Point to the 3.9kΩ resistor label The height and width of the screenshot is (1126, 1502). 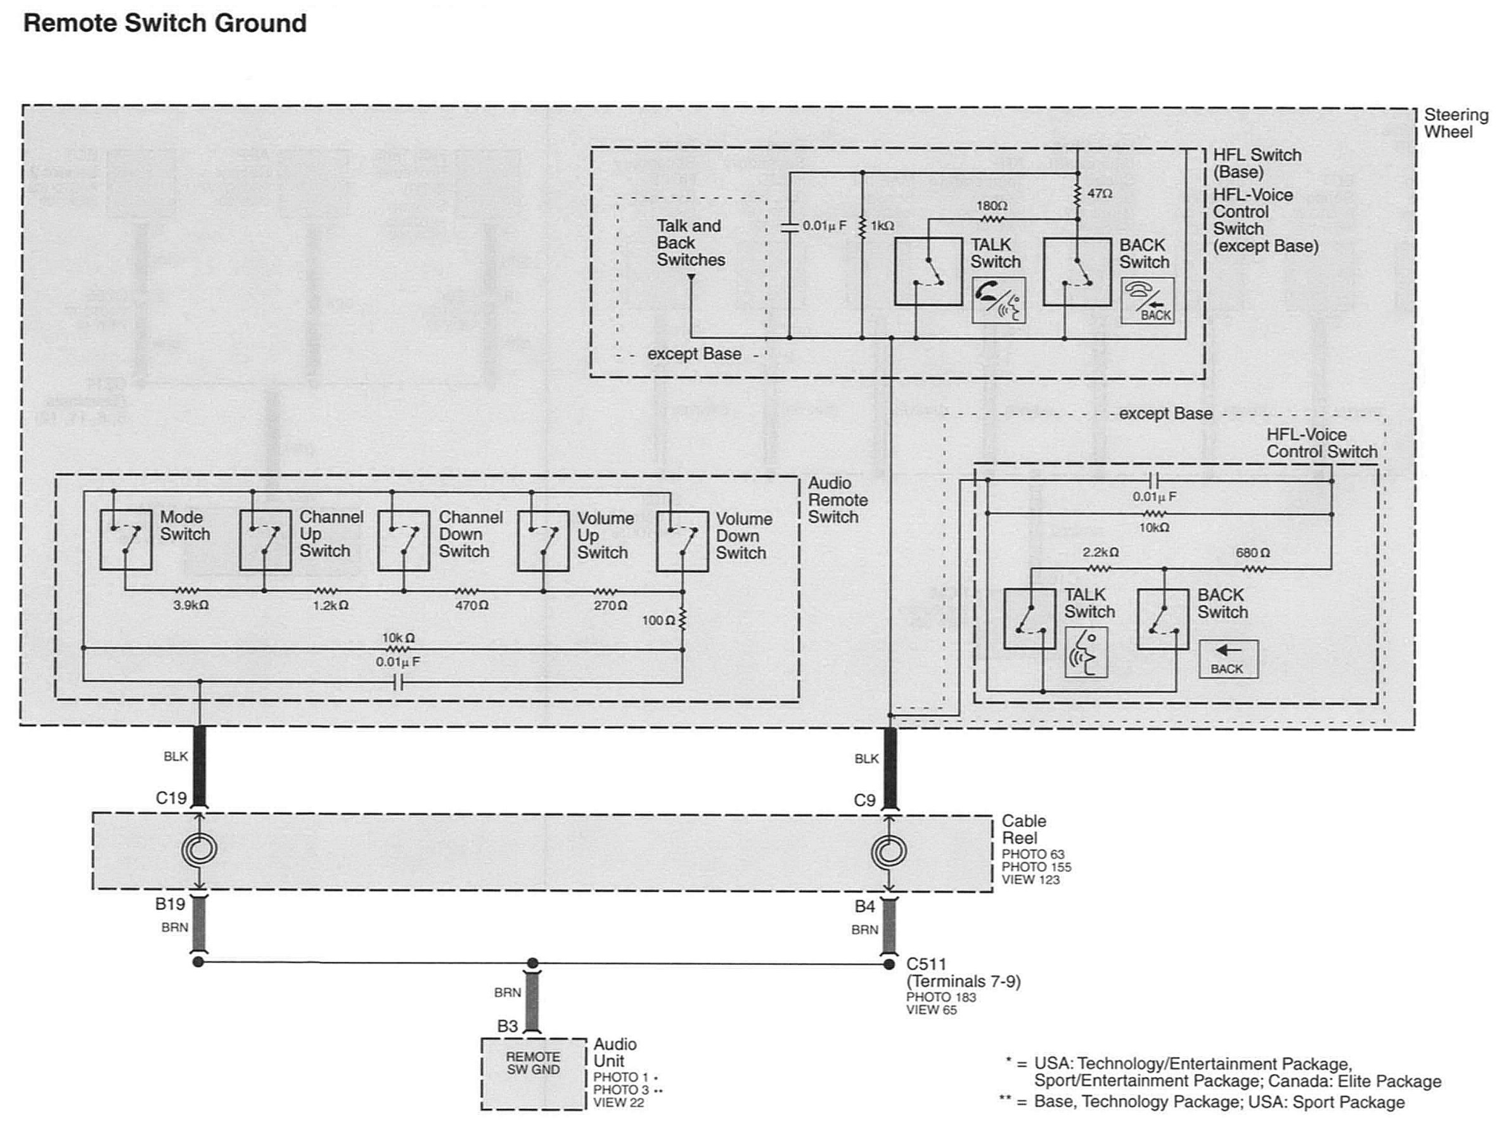(x=191, y=605)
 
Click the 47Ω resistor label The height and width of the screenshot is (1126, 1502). (x=1100, y=193)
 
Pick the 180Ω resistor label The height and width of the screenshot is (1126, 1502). (x=992, y=205)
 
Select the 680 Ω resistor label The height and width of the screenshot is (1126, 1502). (x=1253, y=553)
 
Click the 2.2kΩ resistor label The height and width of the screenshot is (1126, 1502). (x=1100, y=553)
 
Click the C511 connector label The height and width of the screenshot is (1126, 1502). (x=926, y=964)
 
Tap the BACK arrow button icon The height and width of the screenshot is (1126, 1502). (x=1228, y=659)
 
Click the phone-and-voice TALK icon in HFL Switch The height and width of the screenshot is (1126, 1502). (x=998, y=299)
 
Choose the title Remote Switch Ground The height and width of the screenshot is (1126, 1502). (x=165, y=23)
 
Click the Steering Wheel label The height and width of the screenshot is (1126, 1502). (x=1456, y=124)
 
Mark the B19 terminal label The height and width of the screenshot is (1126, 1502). (x=170, y=904)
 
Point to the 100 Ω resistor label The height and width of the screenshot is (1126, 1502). (x=658, y=620)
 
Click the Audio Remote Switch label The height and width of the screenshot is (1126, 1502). (x=838, y=500)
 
